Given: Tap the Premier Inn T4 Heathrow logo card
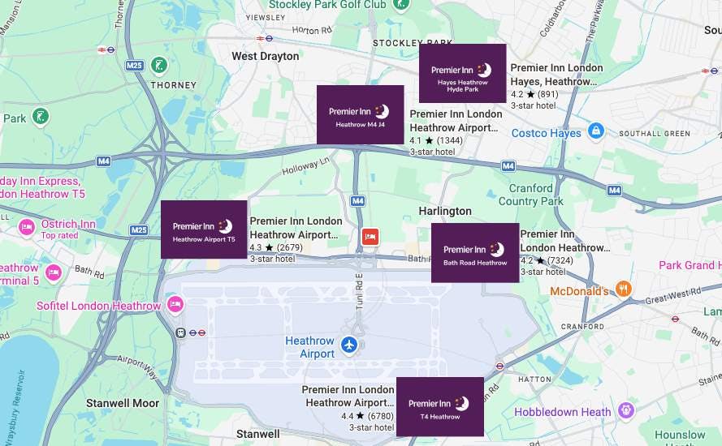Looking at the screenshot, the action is point(439,406).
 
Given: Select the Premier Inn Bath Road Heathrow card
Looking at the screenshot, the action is point(474,253).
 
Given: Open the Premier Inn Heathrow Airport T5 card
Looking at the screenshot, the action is point(204,229).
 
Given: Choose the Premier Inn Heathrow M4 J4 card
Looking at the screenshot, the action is point(360,114).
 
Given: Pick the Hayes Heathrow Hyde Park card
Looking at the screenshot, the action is point(462,74).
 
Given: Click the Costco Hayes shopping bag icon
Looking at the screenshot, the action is point(596,130).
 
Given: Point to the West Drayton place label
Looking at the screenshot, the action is point(266,56).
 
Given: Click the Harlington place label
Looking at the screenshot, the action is point(444,211).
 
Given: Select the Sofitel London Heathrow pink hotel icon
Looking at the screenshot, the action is point(174,304).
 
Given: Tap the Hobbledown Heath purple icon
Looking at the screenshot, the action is point(625,411).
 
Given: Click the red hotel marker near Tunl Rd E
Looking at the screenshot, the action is point(370,237).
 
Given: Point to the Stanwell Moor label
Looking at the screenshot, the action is point(123,402).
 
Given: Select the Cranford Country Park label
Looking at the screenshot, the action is point(530,195).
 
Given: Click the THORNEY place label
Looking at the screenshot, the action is point(173,84).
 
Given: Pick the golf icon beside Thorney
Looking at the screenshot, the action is point(161,64).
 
